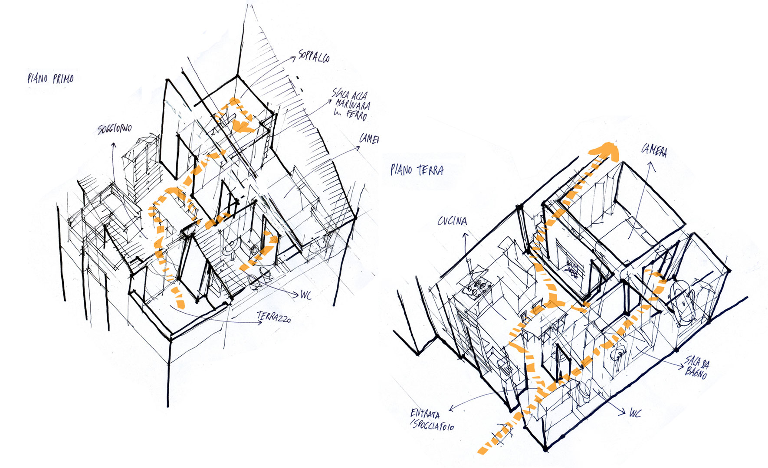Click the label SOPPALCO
tap(314, 57)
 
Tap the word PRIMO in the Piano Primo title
tap(63, 79)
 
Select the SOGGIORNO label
tap(115, 129)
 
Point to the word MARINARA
tap(353, 105)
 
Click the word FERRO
tap(357, 115)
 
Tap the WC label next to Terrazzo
tap(306, 295)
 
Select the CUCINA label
tap(452, 221)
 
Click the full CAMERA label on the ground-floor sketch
tap(654, 151)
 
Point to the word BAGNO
tap(696, 372)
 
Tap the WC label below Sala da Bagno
tap(635, 413)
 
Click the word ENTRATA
tap(425, 414)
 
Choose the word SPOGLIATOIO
tap(433, 425)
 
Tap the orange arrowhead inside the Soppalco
tap(243, 126)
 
